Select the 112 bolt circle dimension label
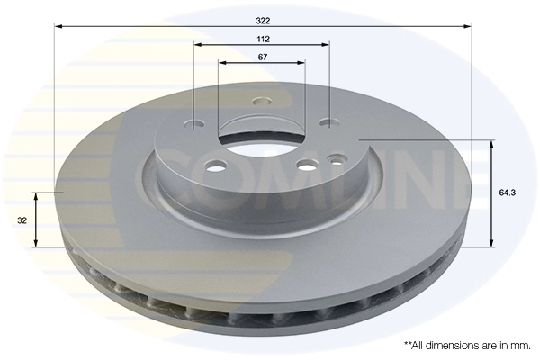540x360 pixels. coord(262,40)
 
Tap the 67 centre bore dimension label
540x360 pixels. coord(262,58)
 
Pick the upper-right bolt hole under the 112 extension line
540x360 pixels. coord(330,123)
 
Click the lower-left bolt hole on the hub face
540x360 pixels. coord(216,166)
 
